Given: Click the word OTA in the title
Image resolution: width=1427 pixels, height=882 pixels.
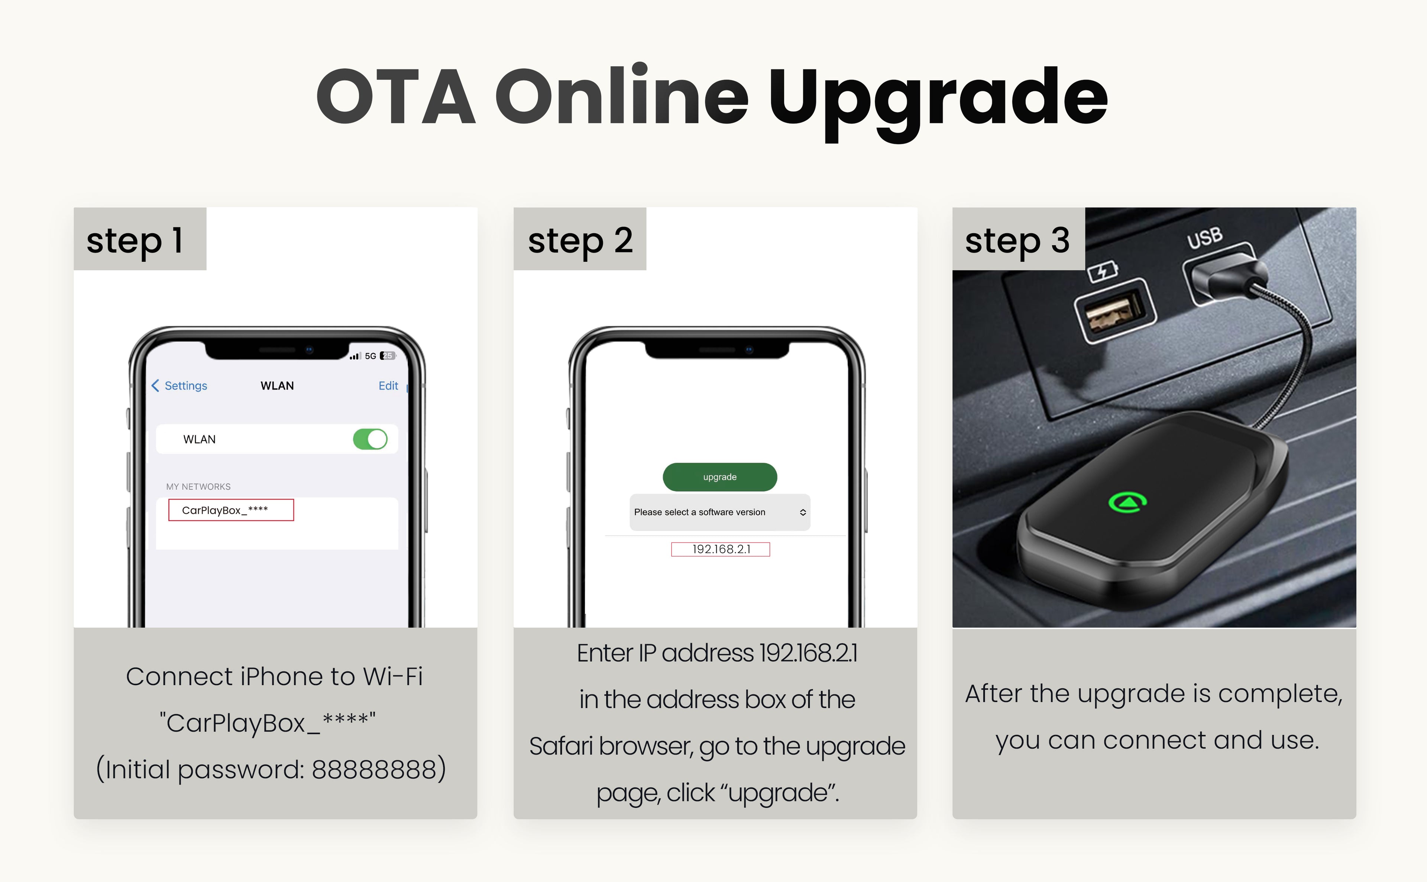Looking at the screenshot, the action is pos(396,97).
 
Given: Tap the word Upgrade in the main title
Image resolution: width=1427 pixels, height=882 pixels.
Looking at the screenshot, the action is pos(938,102).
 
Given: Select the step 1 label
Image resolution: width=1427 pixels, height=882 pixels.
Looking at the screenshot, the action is pos(135,240).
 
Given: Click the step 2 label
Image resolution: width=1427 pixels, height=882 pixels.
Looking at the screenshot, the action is pos(580,240).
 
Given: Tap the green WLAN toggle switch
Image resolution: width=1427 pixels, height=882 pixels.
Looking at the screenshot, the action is pos(370,439).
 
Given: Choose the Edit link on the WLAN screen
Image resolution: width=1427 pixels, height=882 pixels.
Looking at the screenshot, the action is pos(388,385).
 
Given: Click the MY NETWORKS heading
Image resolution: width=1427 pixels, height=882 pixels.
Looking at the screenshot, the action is pos(198,486).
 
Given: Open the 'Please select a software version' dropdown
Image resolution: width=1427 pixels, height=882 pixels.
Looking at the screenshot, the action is pos(719,512).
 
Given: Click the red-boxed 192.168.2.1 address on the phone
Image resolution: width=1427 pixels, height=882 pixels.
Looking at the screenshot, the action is pos(721,549).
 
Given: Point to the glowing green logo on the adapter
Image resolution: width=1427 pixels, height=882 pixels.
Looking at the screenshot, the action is pos(1127,502).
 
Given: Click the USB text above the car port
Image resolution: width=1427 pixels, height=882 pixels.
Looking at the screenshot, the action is pos(1205,237).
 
